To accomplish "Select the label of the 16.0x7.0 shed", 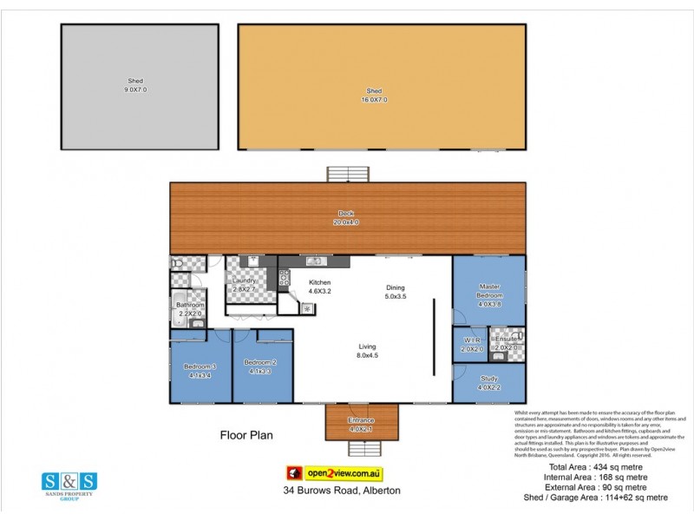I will coord(374,95).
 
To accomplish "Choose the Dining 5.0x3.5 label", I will coord(396,293).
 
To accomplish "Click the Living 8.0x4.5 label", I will coord(368,351).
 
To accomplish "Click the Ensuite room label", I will coord(506,343).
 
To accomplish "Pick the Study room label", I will coord(490,383).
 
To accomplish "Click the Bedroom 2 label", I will coord(260,366).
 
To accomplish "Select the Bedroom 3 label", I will coord(200,371).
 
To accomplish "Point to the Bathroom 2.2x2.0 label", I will coord(190,309).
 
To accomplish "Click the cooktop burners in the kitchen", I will coord(284,277).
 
